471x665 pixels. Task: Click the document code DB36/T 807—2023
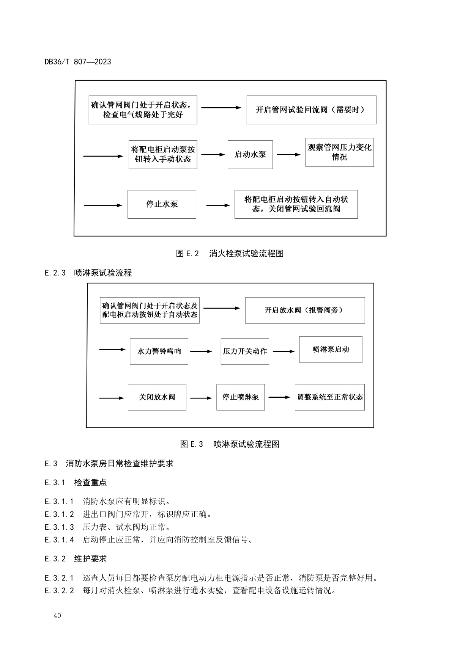pyautogui.click(x=78, y=61)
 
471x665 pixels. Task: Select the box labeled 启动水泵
pyautogui.click(x=250, y=155)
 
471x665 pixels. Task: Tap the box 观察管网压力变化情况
pyautogui.click(x=339, y=152)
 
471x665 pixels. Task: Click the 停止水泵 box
pyautogui.click(x=162, y=204)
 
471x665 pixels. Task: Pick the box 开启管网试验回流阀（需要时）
pyautogui.click(x=311, y=110)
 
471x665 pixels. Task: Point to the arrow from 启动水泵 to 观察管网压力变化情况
pyautogui.click(x=288, y=155)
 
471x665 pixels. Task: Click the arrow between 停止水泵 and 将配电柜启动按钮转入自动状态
pyautogui.click(x=218, y=205)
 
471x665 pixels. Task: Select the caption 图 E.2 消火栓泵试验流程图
pyautogui.click(x=230, y=254)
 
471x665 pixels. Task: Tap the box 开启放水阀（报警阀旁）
pyautogui.click(x=305, y=310)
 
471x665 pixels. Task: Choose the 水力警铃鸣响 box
pyautogui.click(x=159, y=351)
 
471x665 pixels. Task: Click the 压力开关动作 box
pyautogui.click(x=245, y=351)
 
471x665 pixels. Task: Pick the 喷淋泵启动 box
pyautogui.click(x=331, y=350)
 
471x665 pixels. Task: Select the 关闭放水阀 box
pyautogui.click(x=157, y=397)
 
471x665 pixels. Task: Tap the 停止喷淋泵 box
pyautogui.click(x=241, y=397)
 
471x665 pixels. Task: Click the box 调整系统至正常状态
pyautogui.click(x=330, y=397)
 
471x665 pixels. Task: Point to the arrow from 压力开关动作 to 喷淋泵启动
pyautogui.click(x=284, y=351)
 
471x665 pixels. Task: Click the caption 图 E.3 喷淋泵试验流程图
pyautogui.click(x=230, y=444)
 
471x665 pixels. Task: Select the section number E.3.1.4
pyautogui.click(x=59, y=540)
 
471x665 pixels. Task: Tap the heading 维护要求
pyautogui.click(x=90, y=559)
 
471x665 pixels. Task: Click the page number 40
pyautogui.click(x=57, y=615)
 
